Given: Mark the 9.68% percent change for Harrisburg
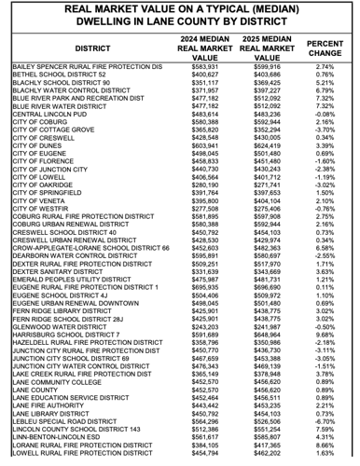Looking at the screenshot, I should click(325, 336).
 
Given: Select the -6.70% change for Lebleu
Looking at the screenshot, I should click(325, 423).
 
